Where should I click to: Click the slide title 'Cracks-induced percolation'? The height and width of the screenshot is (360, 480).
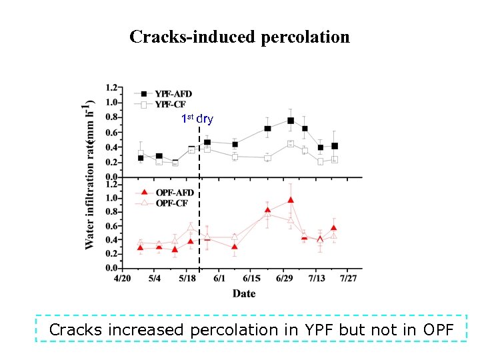239,37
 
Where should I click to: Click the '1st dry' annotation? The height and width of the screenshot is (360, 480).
197,119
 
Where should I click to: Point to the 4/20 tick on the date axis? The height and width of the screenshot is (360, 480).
122,279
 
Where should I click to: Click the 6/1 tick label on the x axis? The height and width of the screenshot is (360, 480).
219,279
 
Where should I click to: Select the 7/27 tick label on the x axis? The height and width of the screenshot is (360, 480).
349,279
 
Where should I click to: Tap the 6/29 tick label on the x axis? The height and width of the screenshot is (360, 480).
284,279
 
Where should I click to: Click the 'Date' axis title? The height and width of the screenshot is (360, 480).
243,293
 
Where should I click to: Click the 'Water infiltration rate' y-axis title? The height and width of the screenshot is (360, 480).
90,175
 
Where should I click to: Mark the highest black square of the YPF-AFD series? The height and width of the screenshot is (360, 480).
291,121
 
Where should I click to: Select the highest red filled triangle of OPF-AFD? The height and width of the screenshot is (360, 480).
291,200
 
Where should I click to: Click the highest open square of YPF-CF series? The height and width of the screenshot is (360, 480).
291,144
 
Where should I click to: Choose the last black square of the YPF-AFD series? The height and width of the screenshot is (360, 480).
335,146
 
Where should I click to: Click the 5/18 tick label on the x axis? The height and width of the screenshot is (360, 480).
187,279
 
